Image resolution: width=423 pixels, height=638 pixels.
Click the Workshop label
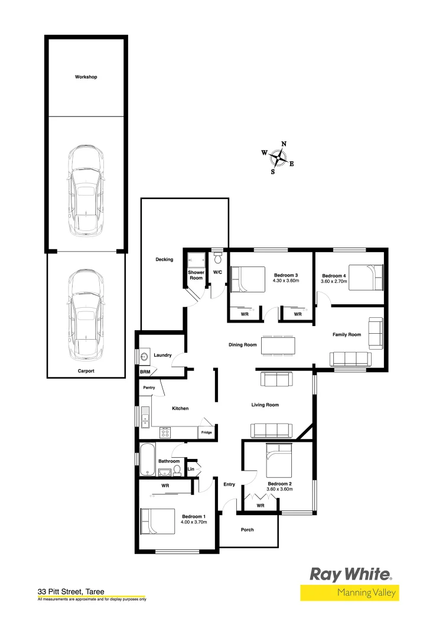click(86, 77)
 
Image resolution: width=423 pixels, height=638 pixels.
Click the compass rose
click(278, 158)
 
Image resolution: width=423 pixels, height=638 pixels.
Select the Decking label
click(164, 259)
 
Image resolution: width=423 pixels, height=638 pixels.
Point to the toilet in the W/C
click(217, 258)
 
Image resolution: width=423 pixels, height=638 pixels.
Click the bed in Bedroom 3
click(248, 279)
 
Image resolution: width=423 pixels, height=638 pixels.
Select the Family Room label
click(346, 334)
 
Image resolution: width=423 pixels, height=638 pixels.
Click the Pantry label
click(149, 388)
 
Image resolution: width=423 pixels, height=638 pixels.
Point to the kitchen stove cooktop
click(166, 432)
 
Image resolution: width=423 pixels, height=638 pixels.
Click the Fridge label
click(206, 432)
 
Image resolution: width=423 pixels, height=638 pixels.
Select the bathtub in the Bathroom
click(147, 460)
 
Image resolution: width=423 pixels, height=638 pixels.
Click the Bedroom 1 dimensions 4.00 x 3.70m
click(194, 522)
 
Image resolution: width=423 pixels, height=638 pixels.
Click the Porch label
click(248, 529)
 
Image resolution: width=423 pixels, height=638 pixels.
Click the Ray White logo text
click(350, 574)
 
